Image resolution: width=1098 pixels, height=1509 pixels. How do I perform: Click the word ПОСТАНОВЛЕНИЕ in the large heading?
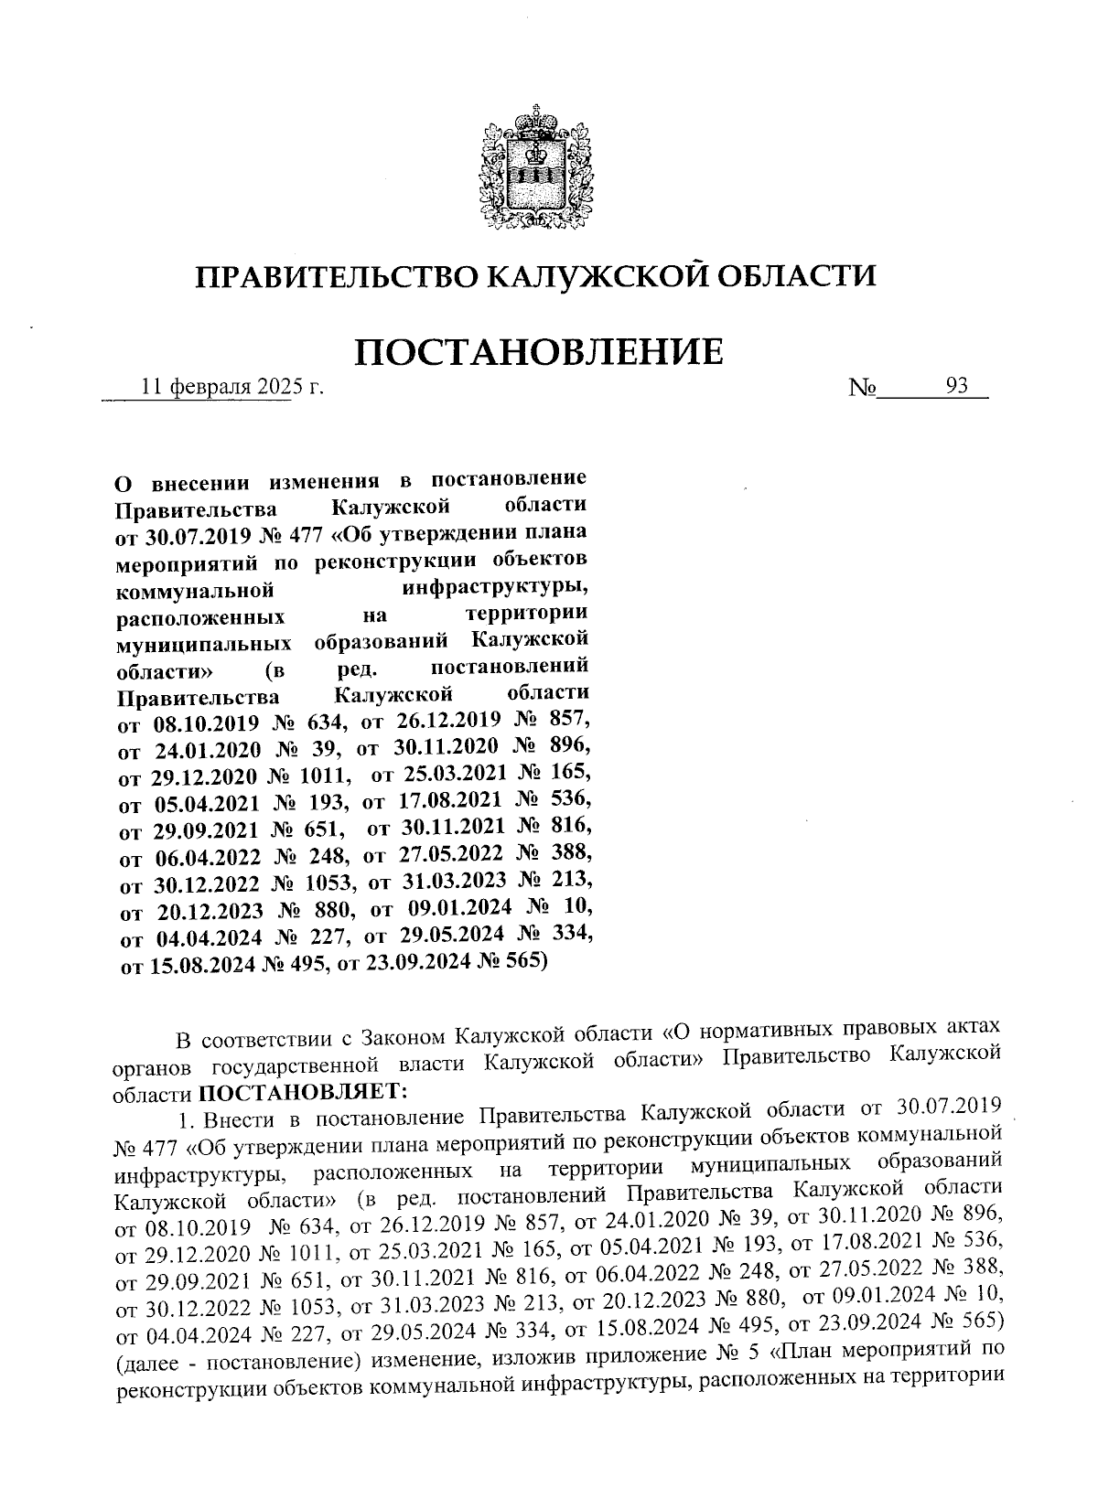[x=538, y=351]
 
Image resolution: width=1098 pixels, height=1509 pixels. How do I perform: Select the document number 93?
[x=957, y=386]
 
